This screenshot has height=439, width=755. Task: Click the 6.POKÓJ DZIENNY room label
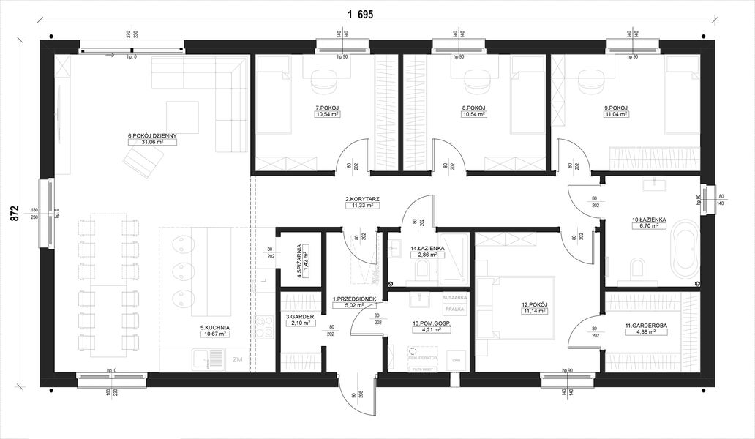(x=152, y=135)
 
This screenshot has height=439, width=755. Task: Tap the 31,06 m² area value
(x=152, y=143)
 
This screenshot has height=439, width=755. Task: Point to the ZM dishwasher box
(x=237, y=360)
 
